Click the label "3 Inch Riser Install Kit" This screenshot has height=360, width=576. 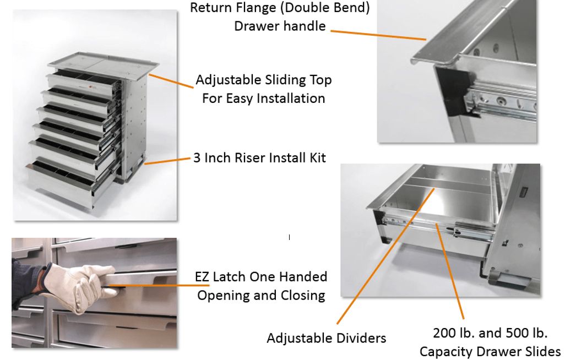pyautogui.click(x=259, y=157)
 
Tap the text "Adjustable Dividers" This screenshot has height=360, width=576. pyautogui.click(x=326, y=338)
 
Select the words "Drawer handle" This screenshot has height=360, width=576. pyautogui.click(x=280, y=26)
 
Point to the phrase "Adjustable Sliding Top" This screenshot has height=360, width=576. pyautogui.click(x=264, y=80)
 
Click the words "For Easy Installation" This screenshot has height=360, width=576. pyautogui.click(x=264, y=99)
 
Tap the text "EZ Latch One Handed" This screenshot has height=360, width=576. pyautogui.click(x=261, y=277)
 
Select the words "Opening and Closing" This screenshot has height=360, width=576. pyautogui.click(x=261, y=296)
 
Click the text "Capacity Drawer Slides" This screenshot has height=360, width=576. pyautogui.click(x=490, y=352)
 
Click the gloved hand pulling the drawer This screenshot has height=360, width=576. pyautogui.click(x=79, y=287)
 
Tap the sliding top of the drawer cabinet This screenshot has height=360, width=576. pyautogui.click(x=103, y=66)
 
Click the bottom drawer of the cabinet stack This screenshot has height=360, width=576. pyautogui.click(x=70, y=180)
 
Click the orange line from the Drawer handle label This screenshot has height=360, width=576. pyautogui.click(x=378, y=35)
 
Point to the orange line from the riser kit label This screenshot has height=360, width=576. pyautogui.click(x=167, y=161)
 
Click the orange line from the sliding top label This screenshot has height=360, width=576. pyautogui.click(x=171, y=81)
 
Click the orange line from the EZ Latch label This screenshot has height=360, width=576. pyautogui.click(x=159, y=286)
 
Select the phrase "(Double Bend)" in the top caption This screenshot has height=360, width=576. pyautogui.click(x=325, y=8)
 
